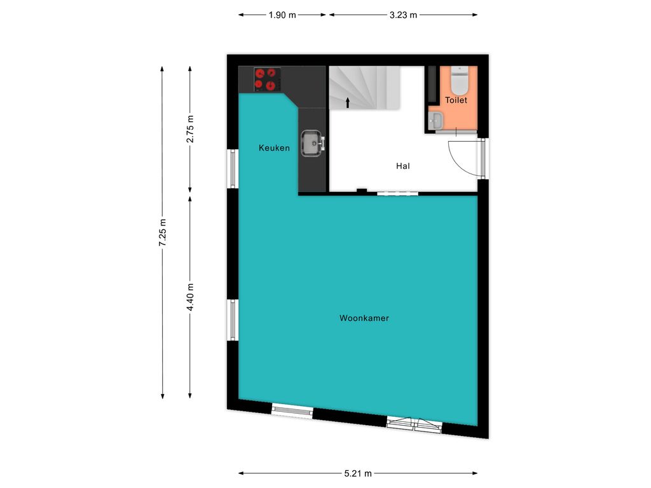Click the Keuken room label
274,147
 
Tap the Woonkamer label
364,318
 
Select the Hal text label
402,166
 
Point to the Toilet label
456,100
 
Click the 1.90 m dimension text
282,15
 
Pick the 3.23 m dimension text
403,15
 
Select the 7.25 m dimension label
162,233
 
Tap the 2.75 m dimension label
190,128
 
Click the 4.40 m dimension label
190,297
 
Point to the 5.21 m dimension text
358,473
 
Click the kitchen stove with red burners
267,79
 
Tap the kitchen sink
312,143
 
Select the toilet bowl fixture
460,81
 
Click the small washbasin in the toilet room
436,120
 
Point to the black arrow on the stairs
348,103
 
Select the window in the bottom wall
292,410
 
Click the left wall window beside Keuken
233,168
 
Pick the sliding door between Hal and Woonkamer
398,193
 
